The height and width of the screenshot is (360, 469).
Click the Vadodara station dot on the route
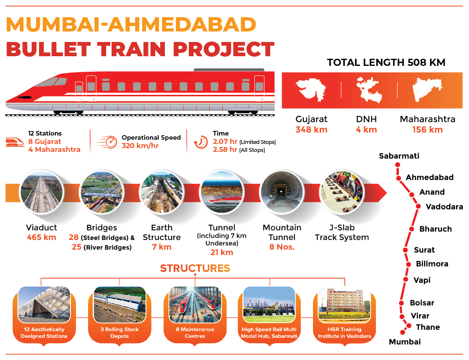[x=418, y=206]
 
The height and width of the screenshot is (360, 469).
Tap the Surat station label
[x=424, y=250]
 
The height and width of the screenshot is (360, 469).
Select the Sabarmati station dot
[x=398, y=164]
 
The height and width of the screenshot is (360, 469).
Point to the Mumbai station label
[x=405, y=342]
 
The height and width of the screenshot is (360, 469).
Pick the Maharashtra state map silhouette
[x=427, y=89]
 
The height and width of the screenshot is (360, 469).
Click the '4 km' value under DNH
[x=366, y=130]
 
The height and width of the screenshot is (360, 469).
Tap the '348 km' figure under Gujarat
[x=311, y=130]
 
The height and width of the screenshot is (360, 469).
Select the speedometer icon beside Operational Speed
[x=108, y=142]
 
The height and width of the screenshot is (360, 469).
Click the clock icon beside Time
[x=201, y=142]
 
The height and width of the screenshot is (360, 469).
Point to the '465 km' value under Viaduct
[x=42, y=237]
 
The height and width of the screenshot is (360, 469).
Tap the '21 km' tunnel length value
[x=221, y=252]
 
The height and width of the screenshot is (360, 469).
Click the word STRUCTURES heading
[x=195, y=268]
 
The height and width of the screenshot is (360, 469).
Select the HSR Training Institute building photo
[x=344, y=305]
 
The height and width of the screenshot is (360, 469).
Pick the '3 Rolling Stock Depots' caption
[x=120, y=332]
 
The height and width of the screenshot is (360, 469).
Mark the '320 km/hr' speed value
[x=140, y=146]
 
